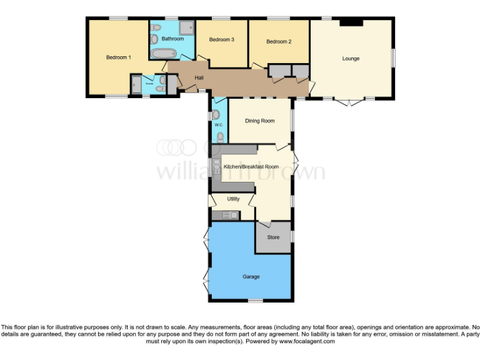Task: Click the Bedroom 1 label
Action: pyautogui.click(x=118, y=57)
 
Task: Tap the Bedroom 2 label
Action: pyautogui.click(x=279, y=42)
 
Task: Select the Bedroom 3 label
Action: pyautogui.click(x=221, y=39)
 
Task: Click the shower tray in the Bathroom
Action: pyautogui.click(x=186, y=27)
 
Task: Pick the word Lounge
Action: pyautogui.click(x=351, y=59)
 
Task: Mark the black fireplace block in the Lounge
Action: pyautogui.click(x=351, y=23)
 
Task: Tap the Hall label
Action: pyautogui.click(x=199, y=77)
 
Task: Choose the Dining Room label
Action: pyautogui.click(x=259, y=121)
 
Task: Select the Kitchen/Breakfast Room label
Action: pyautogui.click(x=256, y=167)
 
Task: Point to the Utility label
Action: pyautogui.click(x=233, y=199)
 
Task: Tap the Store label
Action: pyautogui.click(x=273, y=237)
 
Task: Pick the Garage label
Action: pyautogui.click(x=251, y=276)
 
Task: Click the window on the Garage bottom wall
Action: pyautogui.click(x=255, y=301)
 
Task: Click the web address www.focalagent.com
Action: pyautogui.click(x=307, y=341)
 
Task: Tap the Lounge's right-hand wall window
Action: pyautogui.click(x=394, y=58)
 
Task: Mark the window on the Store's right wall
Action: pyautogui.click(x=292, y=237)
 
